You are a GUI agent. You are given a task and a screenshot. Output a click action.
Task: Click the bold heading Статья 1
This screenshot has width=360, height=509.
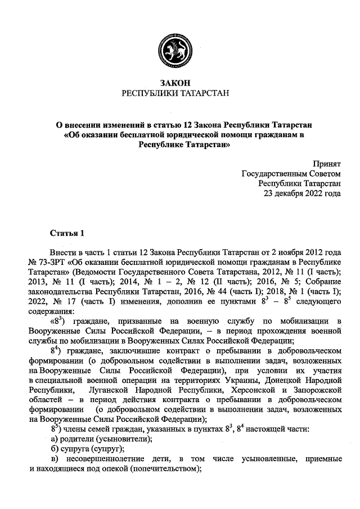(67, 233)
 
